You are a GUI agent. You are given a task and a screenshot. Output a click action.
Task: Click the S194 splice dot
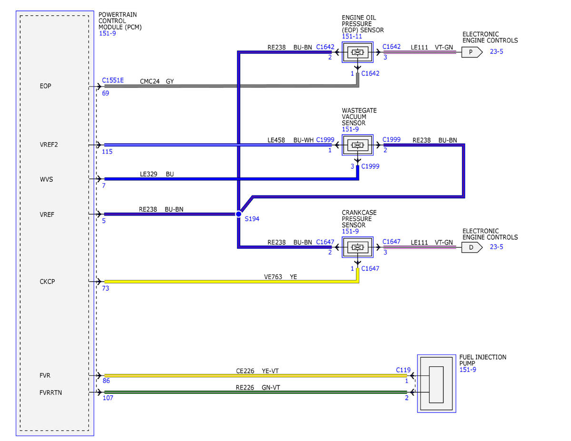(238, 214)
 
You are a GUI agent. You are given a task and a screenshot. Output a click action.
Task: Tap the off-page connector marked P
(472, 52)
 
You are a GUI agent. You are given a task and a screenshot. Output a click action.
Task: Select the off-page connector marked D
(472, 247)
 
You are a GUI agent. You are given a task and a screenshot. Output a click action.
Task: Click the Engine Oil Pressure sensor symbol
(357, 52)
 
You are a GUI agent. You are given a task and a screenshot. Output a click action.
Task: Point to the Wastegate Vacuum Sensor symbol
(357, 145)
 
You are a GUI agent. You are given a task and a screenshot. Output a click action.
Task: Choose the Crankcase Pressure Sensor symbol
(357, 247)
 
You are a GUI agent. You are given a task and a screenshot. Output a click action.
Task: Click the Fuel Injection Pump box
(436, 383)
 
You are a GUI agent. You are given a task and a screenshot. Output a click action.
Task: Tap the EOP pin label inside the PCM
(46, 86)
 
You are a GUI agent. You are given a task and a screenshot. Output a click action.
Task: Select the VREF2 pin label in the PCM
(49, 145)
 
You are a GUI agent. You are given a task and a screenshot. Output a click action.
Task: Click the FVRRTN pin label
(50, 392)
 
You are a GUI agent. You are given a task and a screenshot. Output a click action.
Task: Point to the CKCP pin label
(47, 282)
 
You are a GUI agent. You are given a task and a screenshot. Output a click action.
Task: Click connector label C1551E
(113, 80)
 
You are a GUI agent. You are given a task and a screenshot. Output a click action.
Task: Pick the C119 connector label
(403, 370)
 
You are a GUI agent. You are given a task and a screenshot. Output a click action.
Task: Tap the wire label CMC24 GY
(157, 81)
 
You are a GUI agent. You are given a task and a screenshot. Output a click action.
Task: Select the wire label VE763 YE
(280, 277)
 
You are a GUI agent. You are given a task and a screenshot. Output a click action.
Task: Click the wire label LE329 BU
(157, 174)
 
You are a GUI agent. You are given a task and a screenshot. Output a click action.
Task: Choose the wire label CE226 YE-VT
(257, 371)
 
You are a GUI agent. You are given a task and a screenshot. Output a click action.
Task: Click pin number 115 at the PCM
(107, 152)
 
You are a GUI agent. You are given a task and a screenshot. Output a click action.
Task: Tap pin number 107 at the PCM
(108, 398)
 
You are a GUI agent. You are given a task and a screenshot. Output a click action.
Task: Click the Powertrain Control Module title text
(120, 21)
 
